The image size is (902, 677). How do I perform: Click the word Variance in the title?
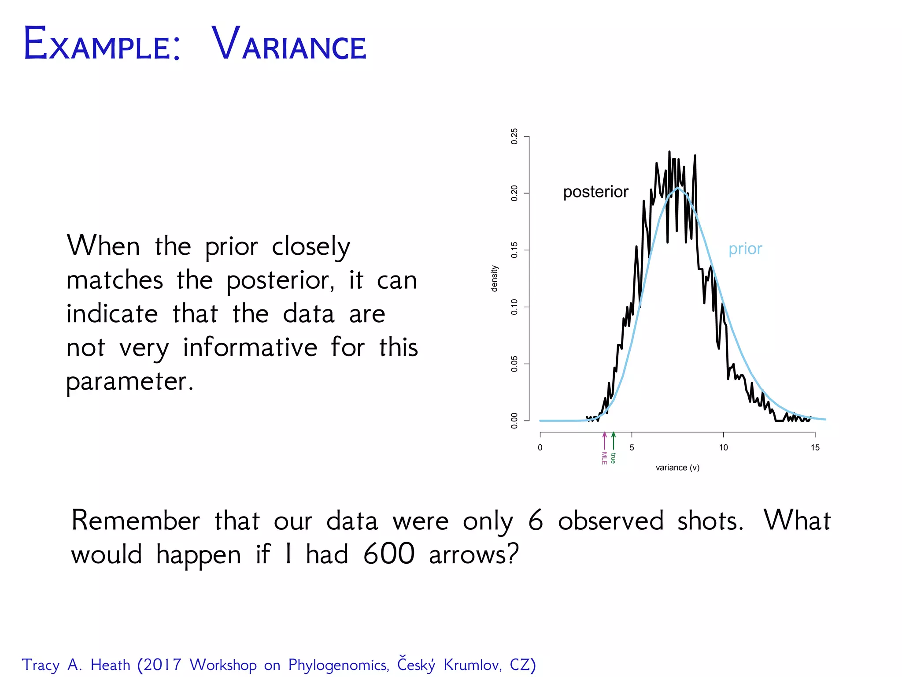tap(289, 44)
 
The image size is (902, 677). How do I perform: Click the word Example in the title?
tap(101, 44)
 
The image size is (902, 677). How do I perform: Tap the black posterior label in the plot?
tap(595, 192)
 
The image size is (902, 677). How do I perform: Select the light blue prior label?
tap(745, 249)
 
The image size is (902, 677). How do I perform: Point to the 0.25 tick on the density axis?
tap(514, 137)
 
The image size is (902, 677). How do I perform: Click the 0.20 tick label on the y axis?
tap(514, 193)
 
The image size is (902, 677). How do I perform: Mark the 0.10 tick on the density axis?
tap(514, 307)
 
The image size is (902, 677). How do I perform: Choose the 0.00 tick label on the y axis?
tap(514, 420)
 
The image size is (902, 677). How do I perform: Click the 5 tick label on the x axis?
tap(632, 448)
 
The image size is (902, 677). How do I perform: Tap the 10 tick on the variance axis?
tap(723, 448)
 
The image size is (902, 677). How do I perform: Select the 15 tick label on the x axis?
tap(815, 448)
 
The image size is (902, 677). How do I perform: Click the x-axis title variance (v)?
tap(677, 468)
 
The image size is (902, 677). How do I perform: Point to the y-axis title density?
tap(495, 279)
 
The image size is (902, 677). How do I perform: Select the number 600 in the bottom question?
tap(388, 554)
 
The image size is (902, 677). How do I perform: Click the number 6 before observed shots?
tap(535, 521)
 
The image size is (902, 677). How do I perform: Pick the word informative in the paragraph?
tap(250, 347)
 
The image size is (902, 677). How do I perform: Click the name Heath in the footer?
tap(110, 665)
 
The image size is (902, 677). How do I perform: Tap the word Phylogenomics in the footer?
tap(339, 665)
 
